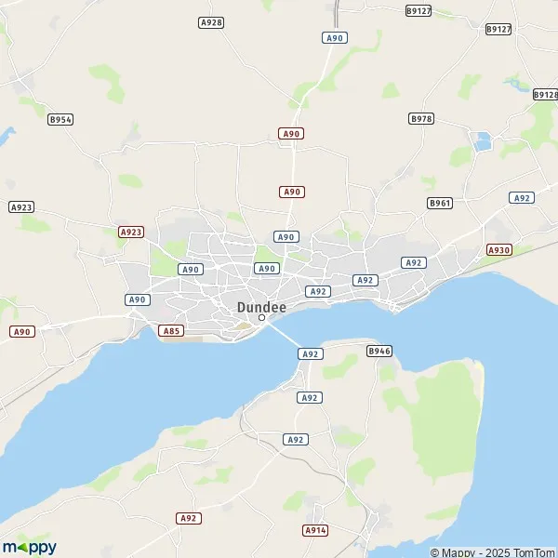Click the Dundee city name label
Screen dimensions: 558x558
click(262, 305)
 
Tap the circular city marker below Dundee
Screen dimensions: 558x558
click(262, 317)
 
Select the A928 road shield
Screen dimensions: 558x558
click(211, 21)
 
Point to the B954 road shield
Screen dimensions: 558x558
click(60, 119)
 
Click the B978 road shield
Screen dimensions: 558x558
click(421, 118)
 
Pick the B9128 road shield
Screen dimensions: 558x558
click(545, 95)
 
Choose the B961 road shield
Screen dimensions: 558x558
click(439, 203)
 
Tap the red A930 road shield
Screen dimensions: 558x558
click(499, 250)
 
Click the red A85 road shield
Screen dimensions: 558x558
click(171, 330)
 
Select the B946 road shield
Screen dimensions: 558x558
click(379, 351)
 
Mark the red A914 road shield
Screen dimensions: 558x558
click(315, 529)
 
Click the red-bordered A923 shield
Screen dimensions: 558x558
click(131, 232)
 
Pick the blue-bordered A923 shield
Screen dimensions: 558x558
click(20, 207)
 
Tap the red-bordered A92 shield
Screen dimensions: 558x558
click(189, 518)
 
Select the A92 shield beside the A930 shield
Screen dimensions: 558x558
click(522, 197)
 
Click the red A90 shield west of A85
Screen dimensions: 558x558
click(22, 331)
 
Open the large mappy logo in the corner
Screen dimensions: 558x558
click(29, 546)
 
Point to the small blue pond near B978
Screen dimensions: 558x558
click(481, 142)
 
